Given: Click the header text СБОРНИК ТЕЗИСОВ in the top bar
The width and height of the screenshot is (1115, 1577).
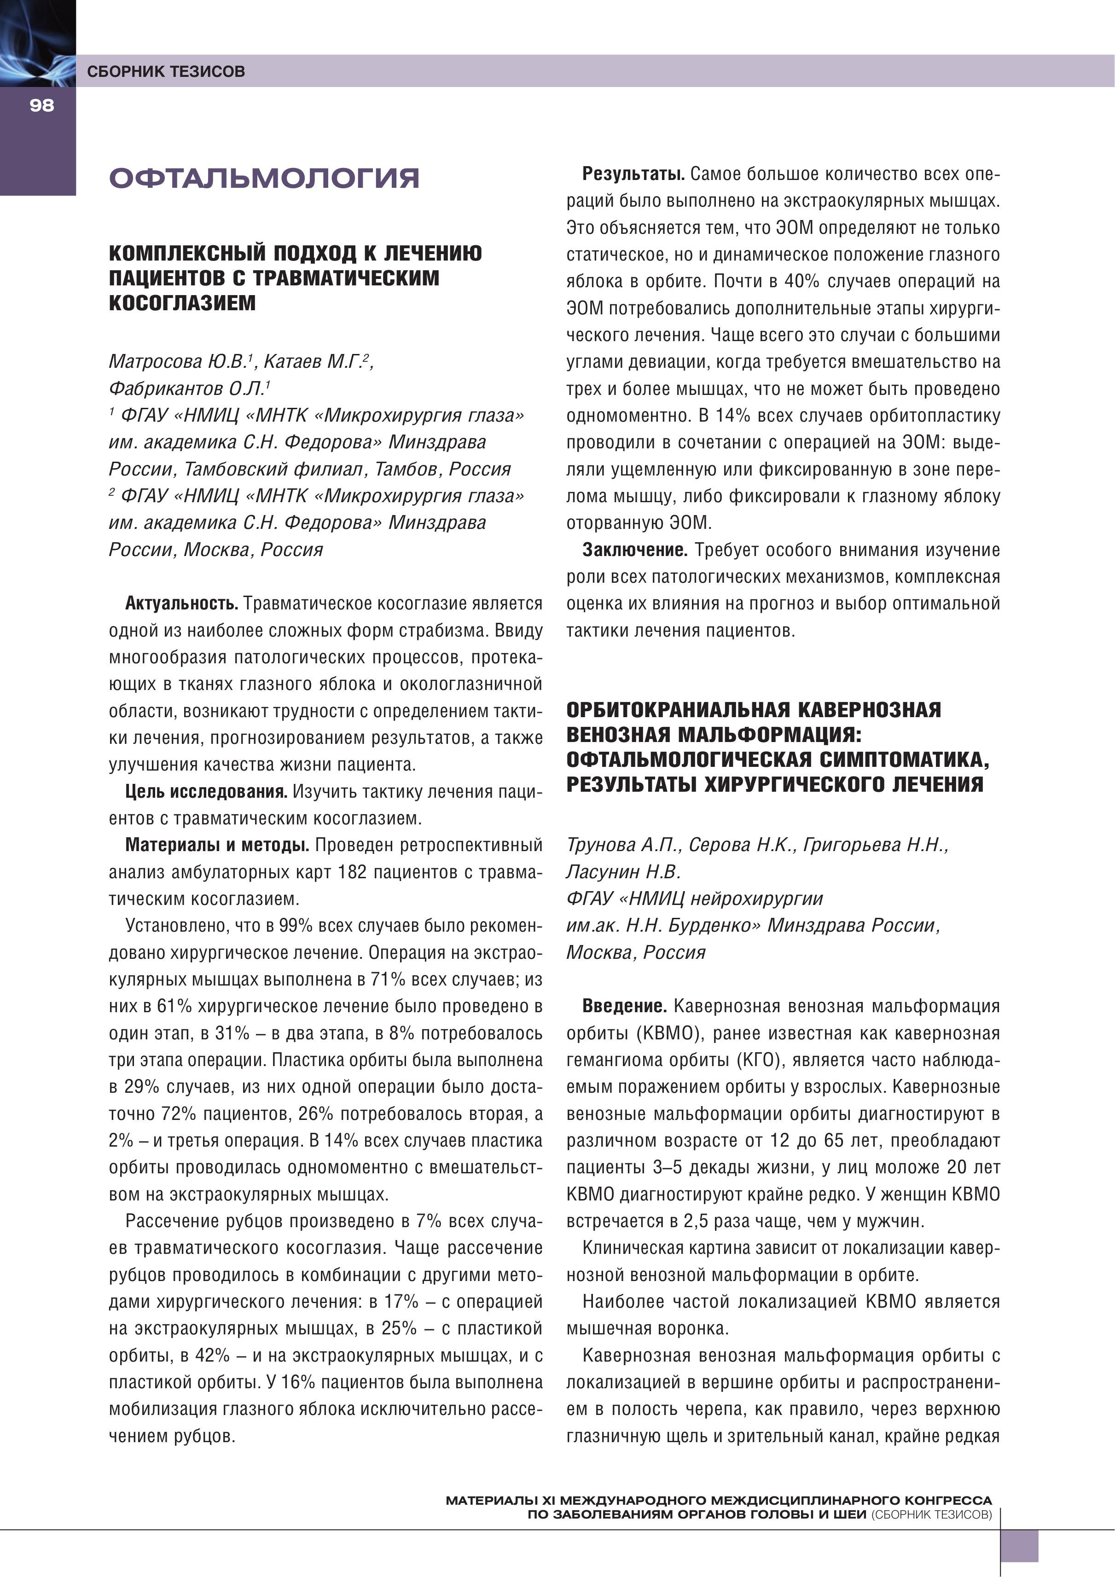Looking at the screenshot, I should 166,71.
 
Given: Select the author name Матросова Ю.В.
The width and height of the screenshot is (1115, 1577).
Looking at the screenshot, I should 180,361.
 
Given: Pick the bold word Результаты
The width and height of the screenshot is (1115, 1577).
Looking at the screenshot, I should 633,174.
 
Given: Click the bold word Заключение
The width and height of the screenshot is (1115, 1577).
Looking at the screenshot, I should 635,550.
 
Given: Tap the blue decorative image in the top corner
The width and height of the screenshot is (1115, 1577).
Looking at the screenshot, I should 37,43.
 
